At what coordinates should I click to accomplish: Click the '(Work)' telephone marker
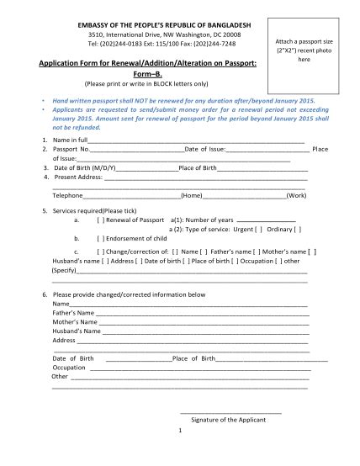pos(295,195)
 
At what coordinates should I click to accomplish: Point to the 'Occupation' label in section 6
pos(69,368)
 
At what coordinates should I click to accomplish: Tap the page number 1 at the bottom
pos(180,431)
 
